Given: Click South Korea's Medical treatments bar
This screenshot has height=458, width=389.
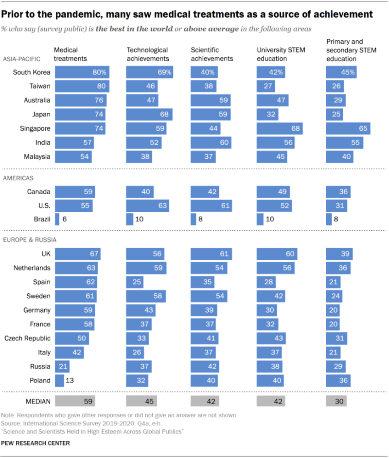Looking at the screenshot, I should [x=82, y=72].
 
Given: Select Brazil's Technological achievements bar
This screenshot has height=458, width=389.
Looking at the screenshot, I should [x=129, y=219].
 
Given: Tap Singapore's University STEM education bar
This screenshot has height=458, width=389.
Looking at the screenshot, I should [x=280, y=129].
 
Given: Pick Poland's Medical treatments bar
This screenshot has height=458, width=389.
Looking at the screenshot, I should [x=59, y=380].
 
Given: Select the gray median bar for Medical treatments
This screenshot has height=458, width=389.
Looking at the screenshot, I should [x=75, y=401].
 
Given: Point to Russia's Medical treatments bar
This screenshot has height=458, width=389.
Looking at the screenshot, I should [x=62, y=366].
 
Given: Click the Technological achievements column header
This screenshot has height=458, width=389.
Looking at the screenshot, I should [x=148, y=54].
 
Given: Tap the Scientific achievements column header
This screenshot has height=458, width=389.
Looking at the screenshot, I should [x=212, y=54].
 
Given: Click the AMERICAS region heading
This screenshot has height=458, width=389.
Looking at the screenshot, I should [x=18, y=178].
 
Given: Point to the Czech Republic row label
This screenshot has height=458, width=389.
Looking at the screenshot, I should [x=28, y=338].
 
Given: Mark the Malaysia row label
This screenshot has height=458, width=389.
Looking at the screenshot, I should [x=37, y=157].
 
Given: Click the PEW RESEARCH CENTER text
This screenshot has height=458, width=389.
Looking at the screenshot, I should [x=35, y=443].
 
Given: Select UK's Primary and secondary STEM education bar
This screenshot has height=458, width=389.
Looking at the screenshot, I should [x=339, y=254].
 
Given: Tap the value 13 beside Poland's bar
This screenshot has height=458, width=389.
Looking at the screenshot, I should [x=71, y=380].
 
